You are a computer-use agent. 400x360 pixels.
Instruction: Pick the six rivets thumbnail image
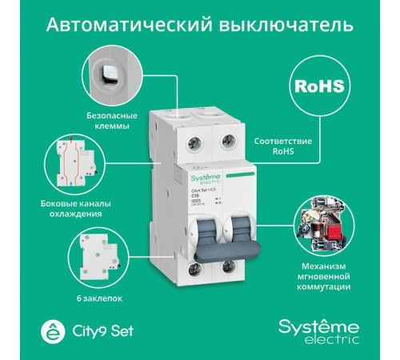pyautogui.click(x=96, y=254)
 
